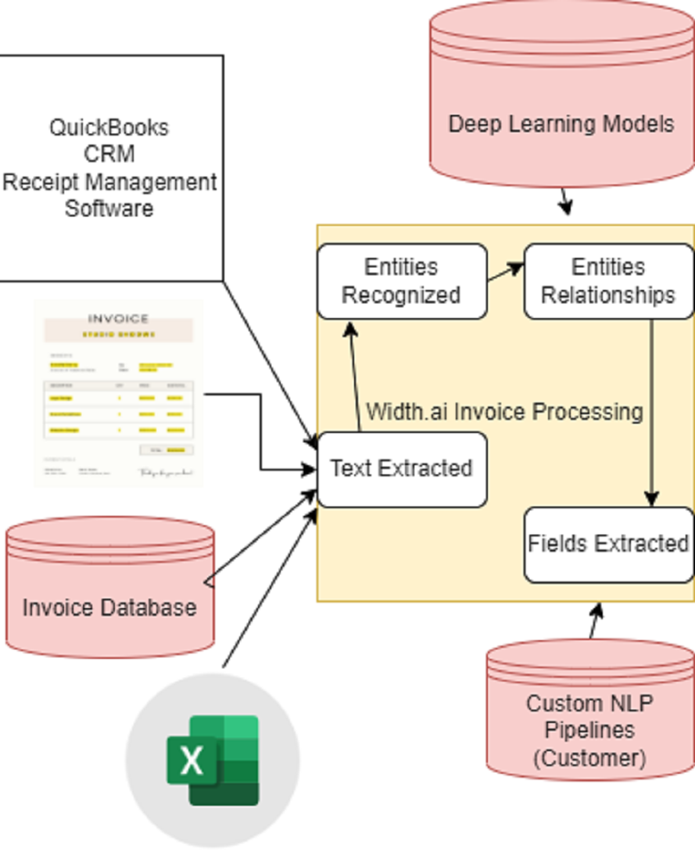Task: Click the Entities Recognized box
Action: (402, 281)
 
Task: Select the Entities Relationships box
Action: (608, 281)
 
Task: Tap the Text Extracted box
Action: (402, 469)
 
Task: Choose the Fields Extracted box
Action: (608, 544)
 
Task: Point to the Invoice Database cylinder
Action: (109, 594)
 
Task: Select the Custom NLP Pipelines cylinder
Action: (589, 719)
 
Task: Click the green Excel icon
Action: (212, 760)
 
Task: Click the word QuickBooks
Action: (109, 127)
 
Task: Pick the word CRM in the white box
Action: (109, 154)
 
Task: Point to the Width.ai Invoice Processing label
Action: (504, 412)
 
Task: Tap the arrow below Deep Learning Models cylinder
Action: (565, 202)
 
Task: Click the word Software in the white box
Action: (109, 209)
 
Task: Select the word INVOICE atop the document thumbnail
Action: (118, 319)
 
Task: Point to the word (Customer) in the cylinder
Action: (589, 758)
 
